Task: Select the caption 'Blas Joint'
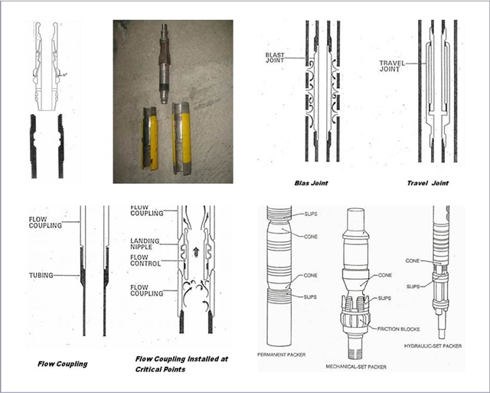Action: (312, 184)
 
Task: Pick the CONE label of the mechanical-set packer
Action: (385, 274)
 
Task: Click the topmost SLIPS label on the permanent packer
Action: (309, 214)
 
